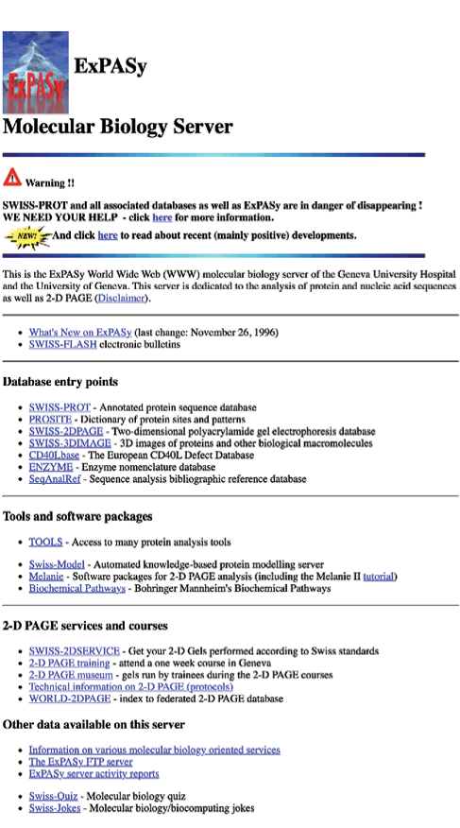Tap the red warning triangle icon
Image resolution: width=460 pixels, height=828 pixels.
coord(12,177)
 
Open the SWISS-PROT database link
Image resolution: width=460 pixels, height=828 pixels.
coord(60,406)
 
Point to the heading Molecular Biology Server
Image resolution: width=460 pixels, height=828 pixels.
coord(118,125)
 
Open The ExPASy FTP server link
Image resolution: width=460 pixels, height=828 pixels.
coord(80,761)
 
